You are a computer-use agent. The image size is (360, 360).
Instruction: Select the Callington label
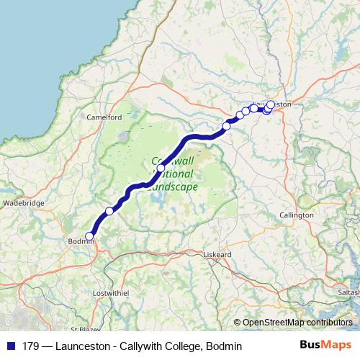297,215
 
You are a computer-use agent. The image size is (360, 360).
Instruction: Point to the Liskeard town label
215,255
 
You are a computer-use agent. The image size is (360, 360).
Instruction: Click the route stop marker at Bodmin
90,236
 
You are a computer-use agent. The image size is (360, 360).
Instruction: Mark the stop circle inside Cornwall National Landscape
161,168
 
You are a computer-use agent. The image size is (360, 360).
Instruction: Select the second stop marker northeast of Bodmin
161,168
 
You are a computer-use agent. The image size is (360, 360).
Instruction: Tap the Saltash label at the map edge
347,294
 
